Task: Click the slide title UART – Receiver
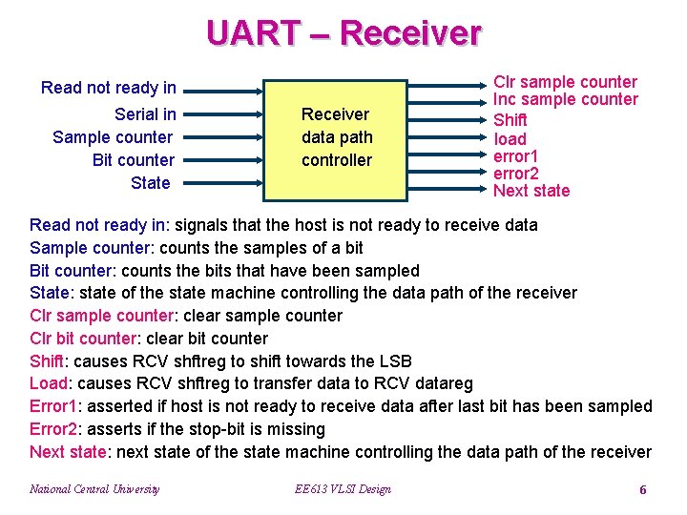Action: (343, 33)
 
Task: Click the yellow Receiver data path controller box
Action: (336, 138)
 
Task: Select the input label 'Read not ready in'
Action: (109, 88)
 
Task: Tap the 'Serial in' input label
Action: (145, 114)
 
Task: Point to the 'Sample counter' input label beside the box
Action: (113, 137)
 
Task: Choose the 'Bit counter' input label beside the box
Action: (133, 160)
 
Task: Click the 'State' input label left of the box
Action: (151, 183)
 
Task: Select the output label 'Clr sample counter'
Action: (565, 82)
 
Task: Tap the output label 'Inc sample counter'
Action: (566, 99)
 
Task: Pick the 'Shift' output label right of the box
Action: (510, 120)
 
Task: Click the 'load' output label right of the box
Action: (510, 139)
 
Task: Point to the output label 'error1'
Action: (515, 155)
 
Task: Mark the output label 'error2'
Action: (515, 174)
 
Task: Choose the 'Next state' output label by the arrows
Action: (531, 191)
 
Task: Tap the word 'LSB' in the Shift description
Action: (396, 360)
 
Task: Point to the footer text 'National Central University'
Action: (94, 489)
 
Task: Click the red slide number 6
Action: (642, 489)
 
